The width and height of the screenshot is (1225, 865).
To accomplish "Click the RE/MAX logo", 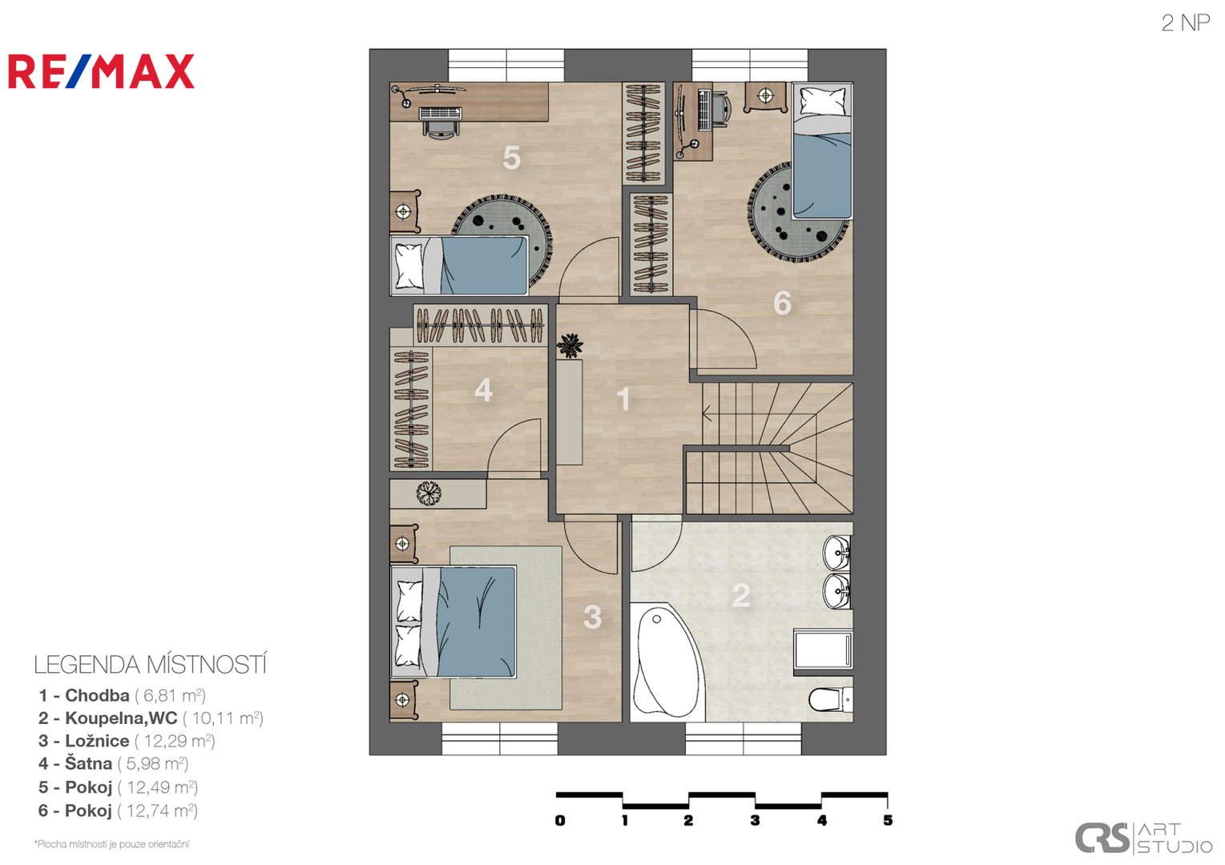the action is point(101,71).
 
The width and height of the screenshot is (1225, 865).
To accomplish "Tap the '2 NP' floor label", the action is point(1185,23).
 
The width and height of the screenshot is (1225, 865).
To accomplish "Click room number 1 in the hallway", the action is point(623,399).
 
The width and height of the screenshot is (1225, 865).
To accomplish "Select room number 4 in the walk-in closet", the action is point(483,390).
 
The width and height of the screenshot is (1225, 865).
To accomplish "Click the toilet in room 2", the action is point(831,699).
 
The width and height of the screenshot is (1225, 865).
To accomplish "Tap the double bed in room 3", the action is point(454,622).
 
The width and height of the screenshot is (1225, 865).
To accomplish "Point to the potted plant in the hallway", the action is point(570,345).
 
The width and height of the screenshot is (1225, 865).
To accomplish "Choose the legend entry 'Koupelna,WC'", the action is point(121,718).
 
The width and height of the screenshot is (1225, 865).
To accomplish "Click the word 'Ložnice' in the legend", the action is point(98,740).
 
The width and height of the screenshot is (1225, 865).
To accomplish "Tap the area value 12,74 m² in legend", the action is point(162,810).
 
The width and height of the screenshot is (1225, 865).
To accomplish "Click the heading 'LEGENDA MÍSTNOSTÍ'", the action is point(151,664).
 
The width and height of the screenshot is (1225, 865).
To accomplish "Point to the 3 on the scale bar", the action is point(755,820).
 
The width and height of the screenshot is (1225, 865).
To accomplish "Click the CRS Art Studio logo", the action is point(1143,838).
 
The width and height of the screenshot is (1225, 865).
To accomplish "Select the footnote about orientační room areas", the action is point(111,843).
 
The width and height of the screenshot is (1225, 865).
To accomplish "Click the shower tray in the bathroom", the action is point(823,650).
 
